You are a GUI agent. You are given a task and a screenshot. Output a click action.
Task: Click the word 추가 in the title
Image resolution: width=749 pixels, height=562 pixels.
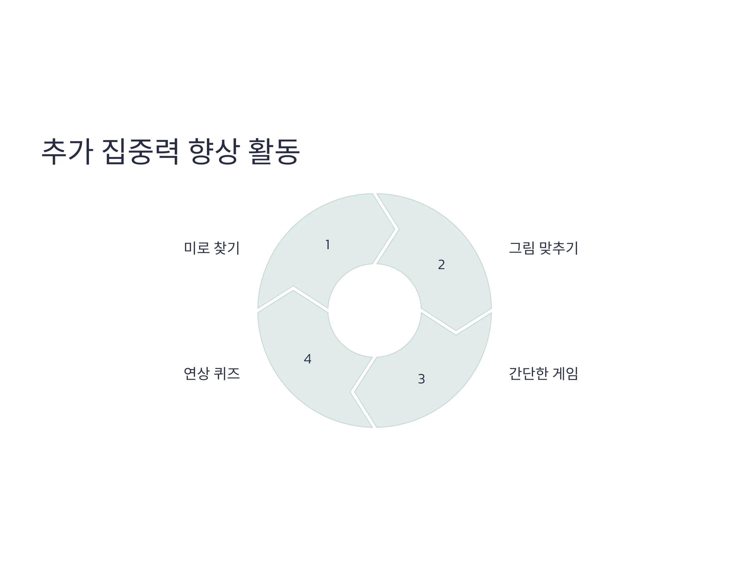click(67, 151)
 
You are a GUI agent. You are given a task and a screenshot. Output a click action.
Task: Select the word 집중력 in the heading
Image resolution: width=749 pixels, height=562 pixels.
click(140, 151)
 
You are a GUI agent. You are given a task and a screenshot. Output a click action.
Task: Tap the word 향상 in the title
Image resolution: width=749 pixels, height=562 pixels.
click(214, 151)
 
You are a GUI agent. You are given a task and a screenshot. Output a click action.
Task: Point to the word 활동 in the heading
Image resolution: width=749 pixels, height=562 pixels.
click(274, 151)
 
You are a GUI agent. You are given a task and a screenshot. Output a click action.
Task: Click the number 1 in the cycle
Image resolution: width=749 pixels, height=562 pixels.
click(327, 244)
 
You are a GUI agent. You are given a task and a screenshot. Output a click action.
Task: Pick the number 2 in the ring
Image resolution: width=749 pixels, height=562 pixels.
click(441, 264)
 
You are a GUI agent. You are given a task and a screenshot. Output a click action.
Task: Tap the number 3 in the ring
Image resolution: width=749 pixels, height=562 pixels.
click(421, 379)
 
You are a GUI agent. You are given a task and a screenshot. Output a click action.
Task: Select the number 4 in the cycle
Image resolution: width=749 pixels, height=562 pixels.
click(307, 359)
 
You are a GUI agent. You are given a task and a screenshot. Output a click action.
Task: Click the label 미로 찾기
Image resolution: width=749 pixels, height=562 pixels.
click(212, 248)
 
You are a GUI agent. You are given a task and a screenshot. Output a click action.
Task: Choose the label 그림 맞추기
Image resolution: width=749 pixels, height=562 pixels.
click(543, 248)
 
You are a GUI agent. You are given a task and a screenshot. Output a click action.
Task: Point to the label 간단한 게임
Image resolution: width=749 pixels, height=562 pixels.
click(543, 374)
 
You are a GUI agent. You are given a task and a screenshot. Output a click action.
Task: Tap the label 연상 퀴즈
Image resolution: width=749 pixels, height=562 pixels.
click(212, 374)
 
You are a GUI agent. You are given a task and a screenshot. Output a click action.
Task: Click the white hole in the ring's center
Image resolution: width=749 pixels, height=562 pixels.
click(374, 310)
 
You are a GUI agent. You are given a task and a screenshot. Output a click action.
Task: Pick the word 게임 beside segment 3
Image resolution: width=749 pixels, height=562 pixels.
click(565, 374)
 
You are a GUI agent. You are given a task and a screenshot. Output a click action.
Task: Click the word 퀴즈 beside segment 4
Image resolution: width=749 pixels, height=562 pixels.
click(227, 374)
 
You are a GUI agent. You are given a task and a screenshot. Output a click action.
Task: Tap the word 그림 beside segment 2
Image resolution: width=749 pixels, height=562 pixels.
click(521, 248)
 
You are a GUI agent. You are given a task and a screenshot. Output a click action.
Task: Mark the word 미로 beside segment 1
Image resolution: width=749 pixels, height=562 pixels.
click(197, 248)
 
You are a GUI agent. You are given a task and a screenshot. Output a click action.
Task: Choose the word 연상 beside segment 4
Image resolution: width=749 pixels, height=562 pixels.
click(197, 374)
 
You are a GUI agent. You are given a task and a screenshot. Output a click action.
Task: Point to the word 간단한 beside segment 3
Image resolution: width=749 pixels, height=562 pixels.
click(528, 374)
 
